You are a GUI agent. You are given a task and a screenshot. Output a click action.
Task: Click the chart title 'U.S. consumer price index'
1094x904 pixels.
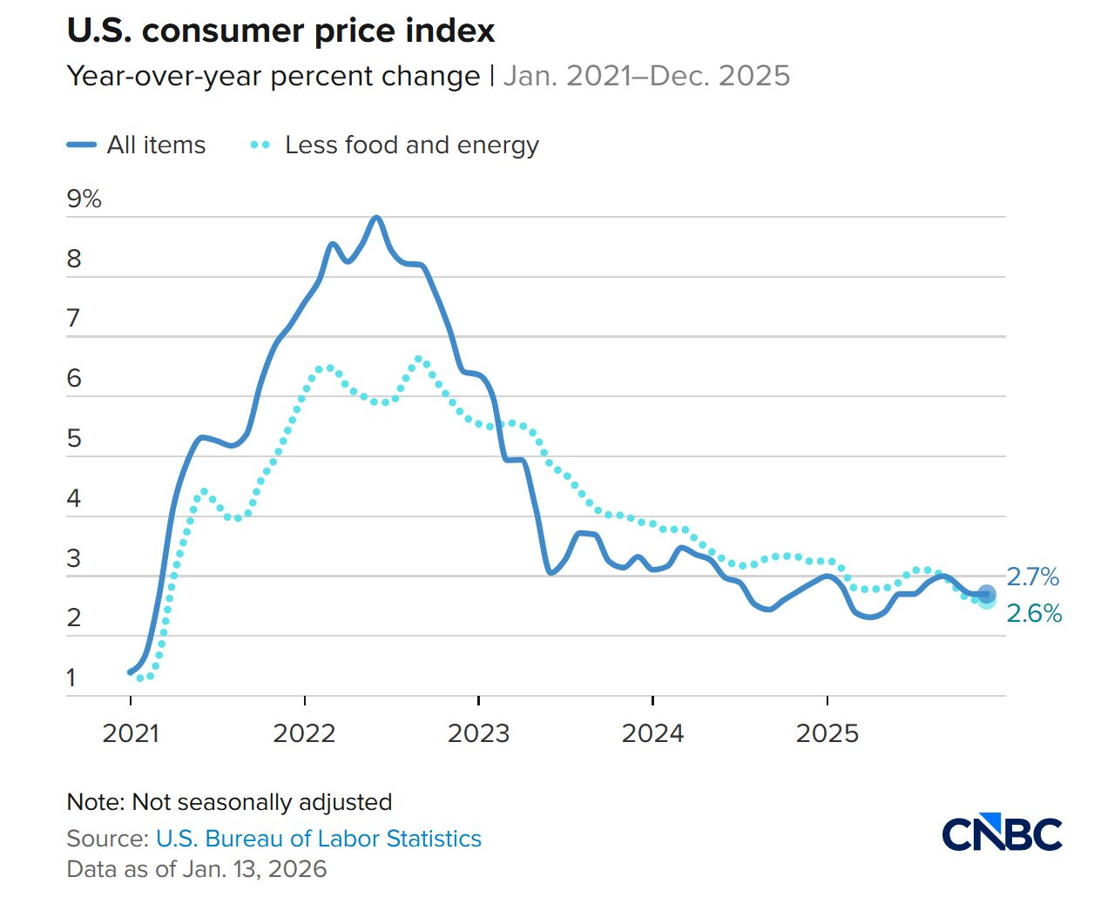click(280, 31)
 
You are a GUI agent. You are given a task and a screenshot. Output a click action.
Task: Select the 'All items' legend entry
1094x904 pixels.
click(137, 145)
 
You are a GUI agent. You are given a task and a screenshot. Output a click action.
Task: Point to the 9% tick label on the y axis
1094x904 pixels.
click(84, 199)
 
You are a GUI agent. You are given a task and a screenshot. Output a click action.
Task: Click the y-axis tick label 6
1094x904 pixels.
click(74, 379)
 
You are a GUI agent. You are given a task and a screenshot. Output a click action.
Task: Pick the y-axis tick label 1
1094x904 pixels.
click(71, 678)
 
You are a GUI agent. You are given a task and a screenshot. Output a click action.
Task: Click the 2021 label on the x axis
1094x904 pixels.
click(131, 733)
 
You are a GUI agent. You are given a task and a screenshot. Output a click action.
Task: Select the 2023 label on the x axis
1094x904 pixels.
click(478, 733)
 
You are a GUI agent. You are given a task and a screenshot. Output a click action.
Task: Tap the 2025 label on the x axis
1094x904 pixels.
click(827, 733)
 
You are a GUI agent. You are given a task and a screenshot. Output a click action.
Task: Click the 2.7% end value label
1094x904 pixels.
click(1033, 577)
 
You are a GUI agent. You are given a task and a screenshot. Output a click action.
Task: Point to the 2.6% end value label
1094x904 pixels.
click(1034, 614)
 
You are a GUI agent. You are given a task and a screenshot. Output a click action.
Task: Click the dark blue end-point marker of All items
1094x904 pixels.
click(986, 594)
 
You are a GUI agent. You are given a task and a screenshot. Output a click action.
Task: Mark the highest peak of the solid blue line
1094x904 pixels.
click(376, 218)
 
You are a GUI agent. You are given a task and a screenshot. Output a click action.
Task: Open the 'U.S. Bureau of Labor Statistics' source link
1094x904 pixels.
click(318, 839)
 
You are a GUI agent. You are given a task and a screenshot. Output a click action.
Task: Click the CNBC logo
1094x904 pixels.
click(1002, 833)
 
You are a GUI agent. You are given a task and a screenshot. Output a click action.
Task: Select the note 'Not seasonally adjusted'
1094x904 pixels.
click(229, 802)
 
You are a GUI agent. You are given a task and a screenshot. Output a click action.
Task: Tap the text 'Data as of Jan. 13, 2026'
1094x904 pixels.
click(197, 869)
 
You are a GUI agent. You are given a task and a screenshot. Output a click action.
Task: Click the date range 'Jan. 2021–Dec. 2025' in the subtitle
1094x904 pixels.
click(646, 77)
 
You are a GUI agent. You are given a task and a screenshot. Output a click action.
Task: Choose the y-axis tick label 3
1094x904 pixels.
click(74, 558)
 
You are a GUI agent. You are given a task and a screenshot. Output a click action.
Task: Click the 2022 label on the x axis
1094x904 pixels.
click(304, 733)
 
